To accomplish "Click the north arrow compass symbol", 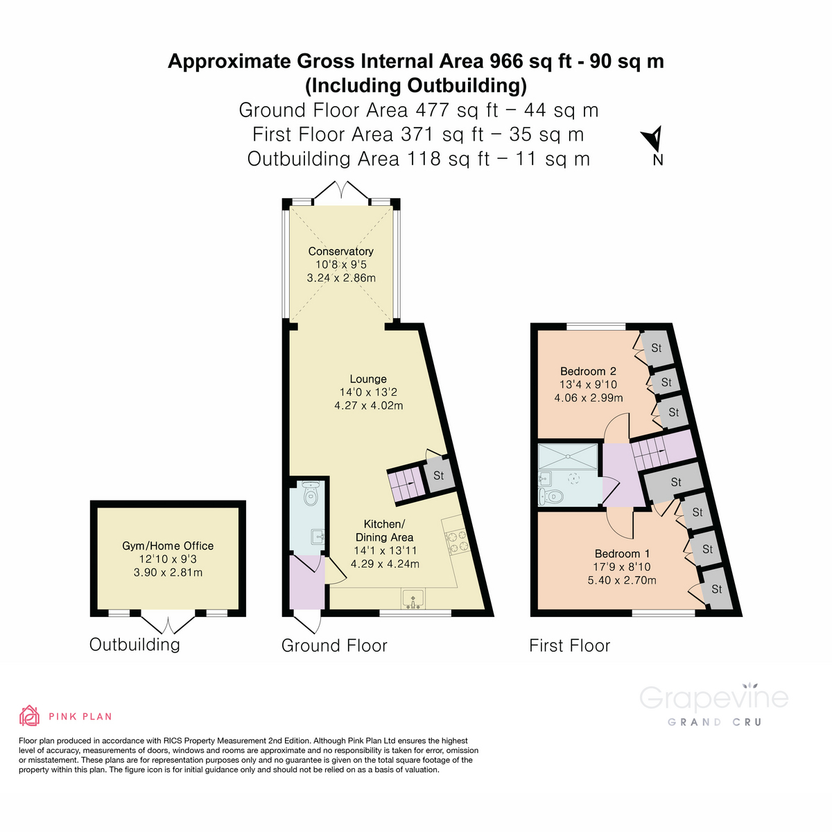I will (x=655, y=139).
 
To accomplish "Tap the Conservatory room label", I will (x=340, y=251).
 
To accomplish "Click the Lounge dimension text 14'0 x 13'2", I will (x=368, y=392).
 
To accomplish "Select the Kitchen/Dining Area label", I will (x=385, y=530).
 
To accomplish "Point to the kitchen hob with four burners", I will (x=456, y=541).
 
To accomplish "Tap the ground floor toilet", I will (x=311, y=495).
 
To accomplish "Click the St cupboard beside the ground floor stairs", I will (x=438, y=476).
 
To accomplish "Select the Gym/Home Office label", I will (x=168, y=546).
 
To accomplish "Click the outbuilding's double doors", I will (x=168, y=624).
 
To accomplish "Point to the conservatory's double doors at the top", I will (x=340, y=191).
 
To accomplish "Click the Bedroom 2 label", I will (x=588, y=371).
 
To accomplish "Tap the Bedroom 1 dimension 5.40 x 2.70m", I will (x=622, y=580).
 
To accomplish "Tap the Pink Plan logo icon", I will (x=29, y=716).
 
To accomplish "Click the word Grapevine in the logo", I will (x=713, y=697).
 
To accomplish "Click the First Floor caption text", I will (x=569, y=645).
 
